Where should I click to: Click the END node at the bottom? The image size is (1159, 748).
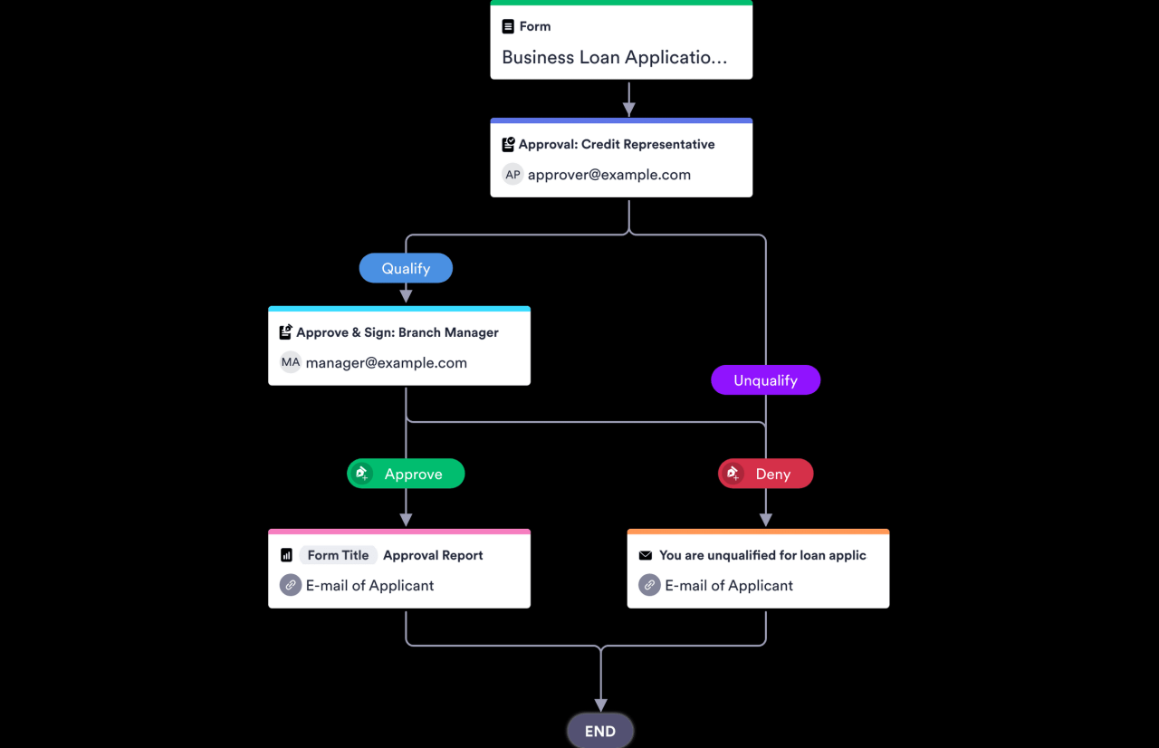tap(600, 731)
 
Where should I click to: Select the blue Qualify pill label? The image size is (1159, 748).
tap(406, 268)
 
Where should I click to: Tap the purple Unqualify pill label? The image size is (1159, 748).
tap(765, 380)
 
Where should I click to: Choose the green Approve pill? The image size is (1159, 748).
tap(406, 474)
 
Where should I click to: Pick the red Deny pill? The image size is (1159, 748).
tap(765, 474)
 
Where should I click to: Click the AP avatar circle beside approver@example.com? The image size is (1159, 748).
tap(512, 175)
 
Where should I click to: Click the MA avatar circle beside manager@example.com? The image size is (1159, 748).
tap(290, 362)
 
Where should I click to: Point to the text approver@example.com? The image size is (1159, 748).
tap(608, 175)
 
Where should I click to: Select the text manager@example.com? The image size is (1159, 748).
tap(386, 362)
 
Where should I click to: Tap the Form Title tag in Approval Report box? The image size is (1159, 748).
tap(338, 555)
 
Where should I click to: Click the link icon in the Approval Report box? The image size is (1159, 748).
tap(290, 585)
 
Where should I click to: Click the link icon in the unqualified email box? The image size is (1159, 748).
tap(649, 585)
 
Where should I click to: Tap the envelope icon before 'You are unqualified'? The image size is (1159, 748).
tap(645, 555)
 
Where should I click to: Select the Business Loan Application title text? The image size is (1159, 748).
tap(614, 57)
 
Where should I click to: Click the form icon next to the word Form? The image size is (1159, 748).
tap(508, 26)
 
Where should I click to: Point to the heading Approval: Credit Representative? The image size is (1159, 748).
tap(616, 144)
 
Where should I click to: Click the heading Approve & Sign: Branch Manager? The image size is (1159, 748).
tap(397, 332)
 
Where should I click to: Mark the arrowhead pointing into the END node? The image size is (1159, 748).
tap(600, 704)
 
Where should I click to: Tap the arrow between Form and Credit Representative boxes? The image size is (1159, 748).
tap(628, 100)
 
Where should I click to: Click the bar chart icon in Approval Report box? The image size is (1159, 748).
tap(286, 555)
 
